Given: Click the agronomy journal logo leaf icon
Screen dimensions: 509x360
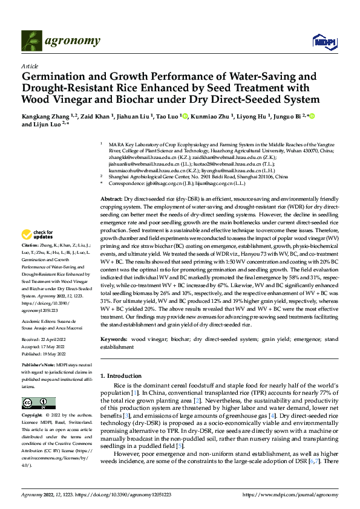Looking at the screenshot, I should [31, 41].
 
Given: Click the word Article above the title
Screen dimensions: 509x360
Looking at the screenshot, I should [30, 66].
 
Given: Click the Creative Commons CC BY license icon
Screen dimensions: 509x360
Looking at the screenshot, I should [38, 403].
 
